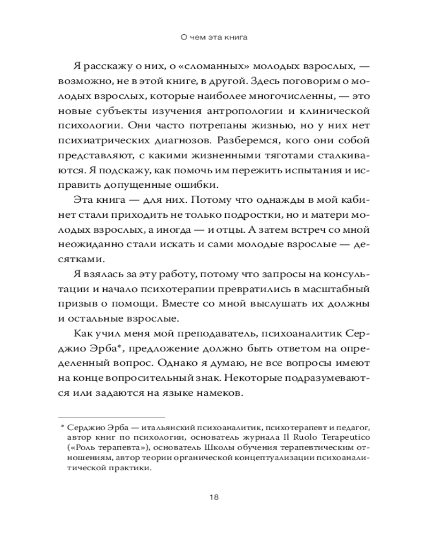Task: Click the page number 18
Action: point(213,496)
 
